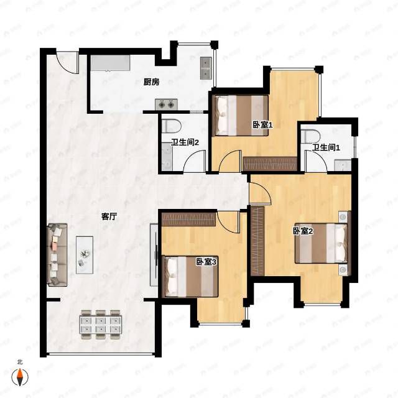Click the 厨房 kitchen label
coord(151,82)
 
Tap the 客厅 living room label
coord(109,217)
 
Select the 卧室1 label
coord(262,125)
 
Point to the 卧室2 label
coord(303,231)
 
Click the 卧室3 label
coord(206,262)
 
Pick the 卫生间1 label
coord(326,147)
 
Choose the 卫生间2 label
coord(185,142)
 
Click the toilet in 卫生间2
coord(171,126)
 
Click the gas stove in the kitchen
coord(166,104)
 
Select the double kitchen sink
coord(206,68)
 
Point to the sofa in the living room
coord(57,255)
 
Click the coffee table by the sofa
coord(85,255)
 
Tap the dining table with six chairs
coord(101,325)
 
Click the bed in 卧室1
coord(241,115)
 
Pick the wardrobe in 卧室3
coord(189,220)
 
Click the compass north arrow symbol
coord(20,376)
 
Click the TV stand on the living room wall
coord(154,255)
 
